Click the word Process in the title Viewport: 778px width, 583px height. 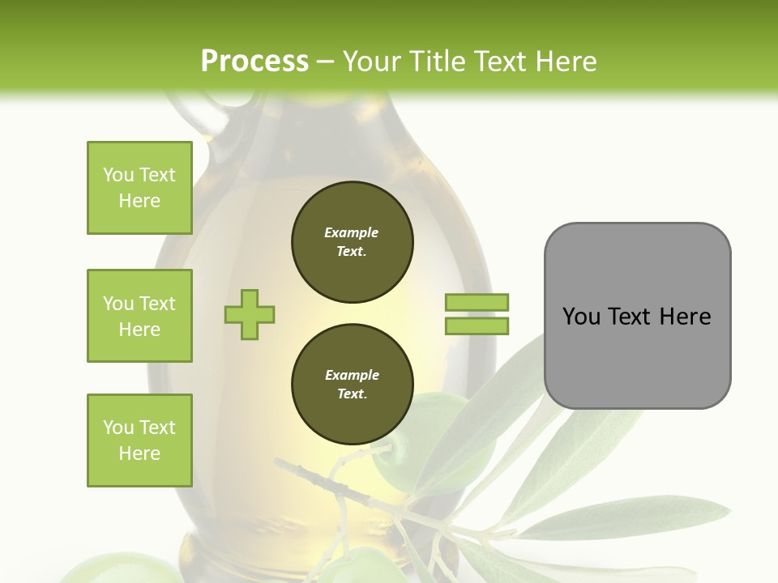[254, 62]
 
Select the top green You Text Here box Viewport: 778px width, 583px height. [139, 188]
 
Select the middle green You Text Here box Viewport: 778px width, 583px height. [139, 316]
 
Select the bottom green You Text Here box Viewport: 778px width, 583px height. [139, 440]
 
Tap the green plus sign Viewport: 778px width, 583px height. [250, 314]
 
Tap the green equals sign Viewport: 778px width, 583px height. [477, 314]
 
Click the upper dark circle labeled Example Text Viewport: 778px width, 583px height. [352, 242]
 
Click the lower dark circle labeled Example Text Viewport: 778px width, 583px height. [352, 385]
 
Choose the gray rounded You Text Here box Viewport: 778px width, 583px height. [637, 316]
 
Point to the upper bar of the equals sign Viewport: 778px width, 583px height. [477, 303]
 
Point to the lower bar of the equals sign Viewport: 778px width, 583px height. [477, 326]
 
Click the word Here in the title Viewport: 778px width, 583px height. [566, 62]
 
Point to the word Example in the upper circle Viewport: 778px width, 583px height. [352, 232]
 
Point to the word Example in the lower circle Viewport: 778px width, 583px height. [352, 375]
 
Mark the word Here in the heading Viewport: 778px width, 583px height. [566, 62]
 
